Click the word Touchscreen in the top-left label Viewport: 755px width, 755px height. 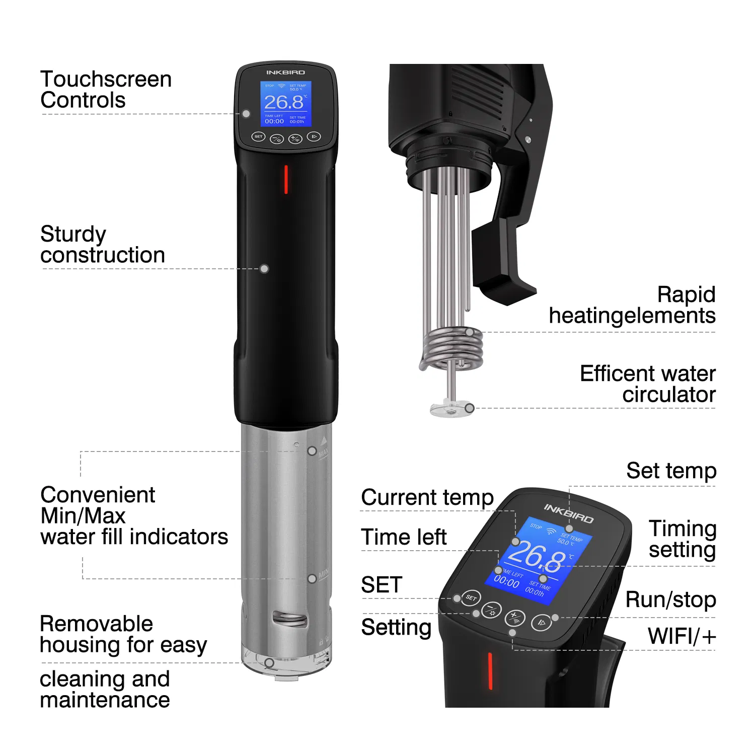click(x=106, y=80)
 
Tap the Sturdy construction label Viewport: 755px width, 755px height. click(x=102, y=245)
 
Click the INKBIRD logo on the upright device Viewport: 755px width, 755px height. click(x=285, y=72)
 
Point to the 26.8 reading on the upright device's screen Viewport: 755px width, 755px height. click(x=284, y=102)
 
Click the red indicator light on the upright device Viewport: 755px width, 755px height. click(x=286, y=179)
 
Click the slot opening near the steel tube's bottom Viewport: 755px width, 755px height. click(x=289, y=618)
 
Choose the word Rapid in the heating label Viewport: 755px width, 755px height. click(x=686, y=294)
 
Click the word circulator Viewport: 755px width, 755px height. click(x=668, y=395)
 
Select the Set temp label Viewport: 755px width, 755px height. click(x=671, y=471)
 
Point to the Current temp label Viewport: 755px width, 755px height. click(x=427, y=497)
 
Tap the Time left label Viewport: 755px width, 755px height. click(x=404, y=537)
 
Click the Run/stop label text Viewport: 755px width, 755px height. click(x=670, y=599)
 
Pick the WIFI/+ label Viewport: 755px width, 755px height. click(x=682, y=636)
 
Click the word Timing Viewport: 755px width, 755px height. click(x=682, y=528)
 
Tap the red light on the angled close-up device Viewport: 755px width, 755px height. click(x=490, y=671)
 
